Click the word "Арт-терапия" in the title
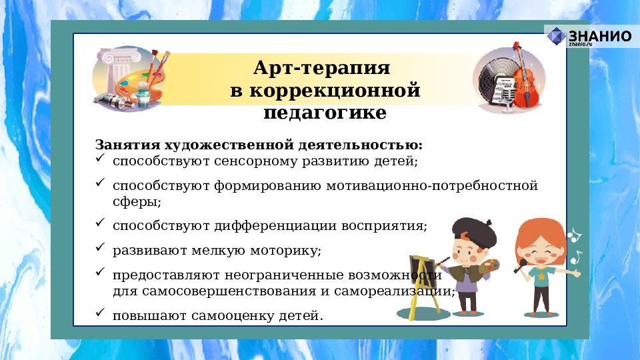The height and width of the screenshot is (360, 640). coord(321,69)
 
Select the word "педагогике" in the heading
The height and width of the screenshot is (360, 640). coord(325,112)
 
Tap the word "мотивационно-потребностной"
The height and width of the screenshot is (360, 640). coord(432,185)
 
